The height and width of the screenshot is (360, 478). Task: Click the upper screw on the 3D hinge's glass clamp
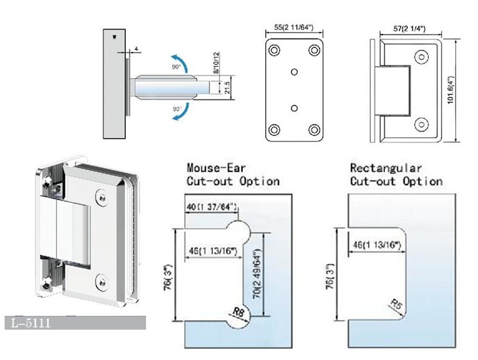(101, 194)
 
